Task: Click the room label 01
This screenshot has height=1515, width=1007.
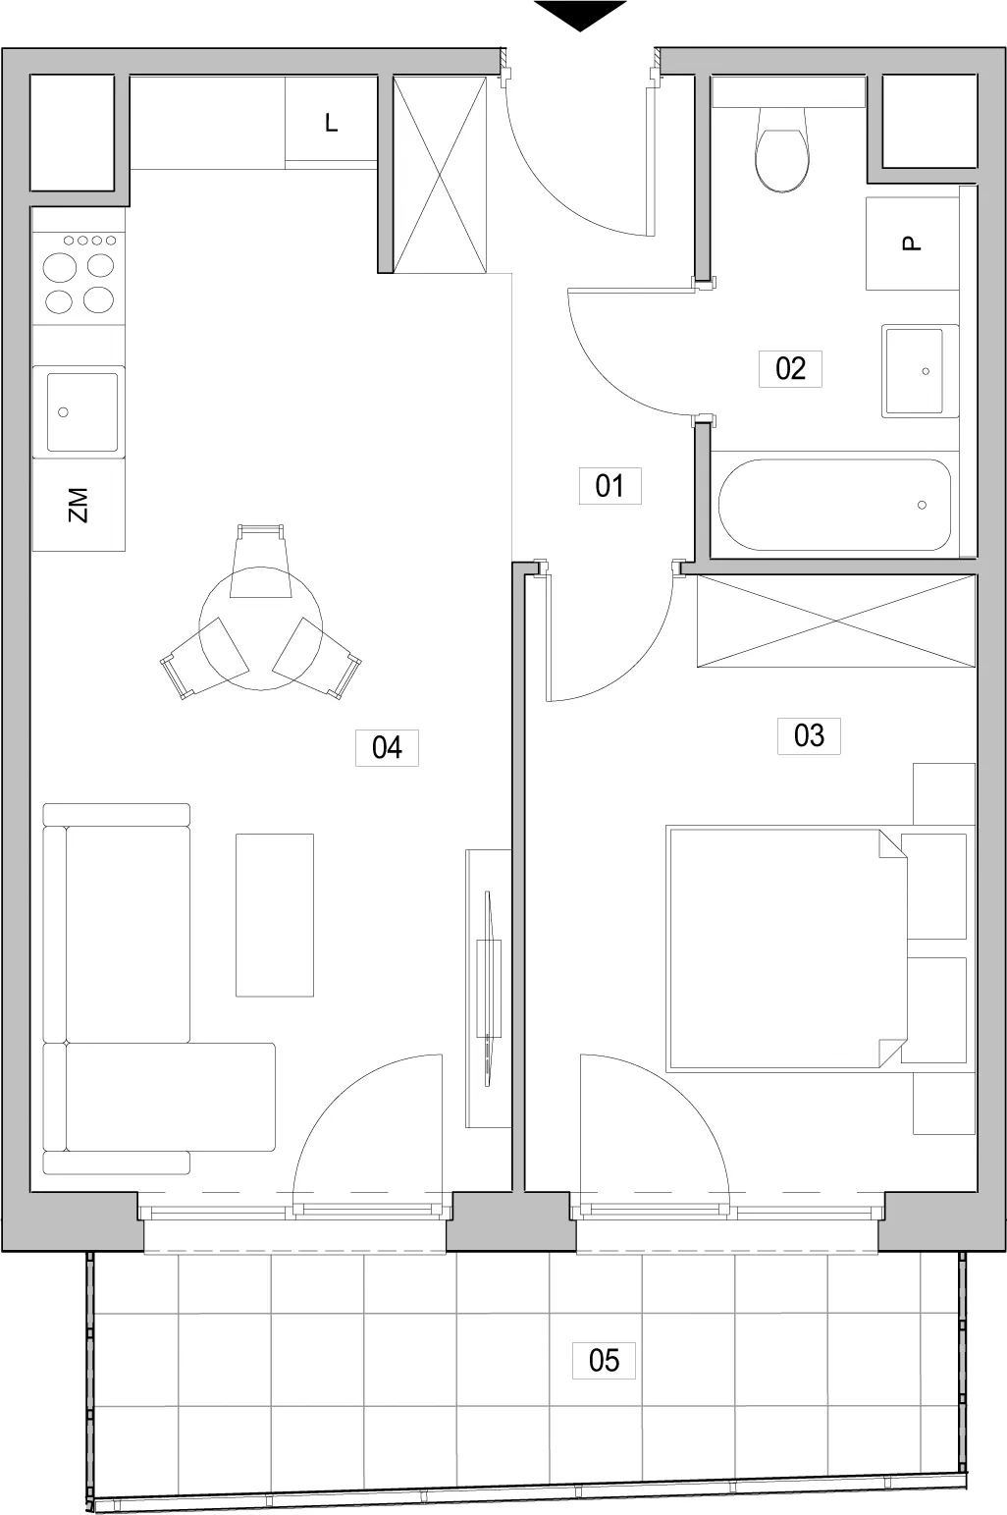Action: click(x=609, y=486)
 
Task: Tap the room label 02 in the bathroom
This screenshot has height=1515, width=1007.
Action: click(x=790, y=368)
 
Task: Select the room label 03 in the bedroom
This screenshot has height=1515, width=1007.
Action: click(x=809, y=735)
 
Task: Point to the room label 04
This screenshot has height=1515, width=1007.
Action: click(x=387, y=747)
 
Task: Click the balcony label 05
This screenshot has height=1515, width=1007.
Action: click(x=604, y=1360)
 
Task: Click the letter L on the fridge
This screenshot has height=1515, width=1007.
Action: click(x=332, y=123)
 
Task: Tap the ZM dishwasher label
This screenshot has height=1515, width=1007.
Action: click(x=79, y=505)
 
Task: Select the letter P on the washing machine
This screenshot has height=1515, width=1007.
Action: click(x=912, y=243)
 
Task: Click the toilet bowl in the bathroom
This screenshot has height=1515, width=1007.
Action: click(x=782, y=149)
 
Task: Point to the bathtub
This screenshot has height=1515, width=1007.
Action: click(x=834, y=505)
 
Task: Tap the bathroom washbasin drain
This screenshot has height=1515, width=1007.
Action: click(x=926, y=371)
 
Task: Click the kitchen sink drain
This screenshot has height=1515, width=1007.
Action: click(x=64, y=412)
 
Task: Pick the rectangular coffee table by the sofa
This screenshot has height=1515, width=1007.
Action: click(x=275, y=914)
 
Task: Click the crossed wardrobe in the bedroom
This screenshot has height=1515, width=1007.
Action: click(x=836, y=621)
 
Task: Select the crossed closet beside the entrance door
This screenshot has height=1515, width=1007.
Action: click(x=441, y=175)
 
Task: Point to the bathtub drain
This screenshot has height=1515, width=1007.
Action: click(x=922, y=506)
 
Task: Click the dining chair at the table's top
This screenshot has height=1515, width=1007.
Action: click(x=260, y=561)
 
